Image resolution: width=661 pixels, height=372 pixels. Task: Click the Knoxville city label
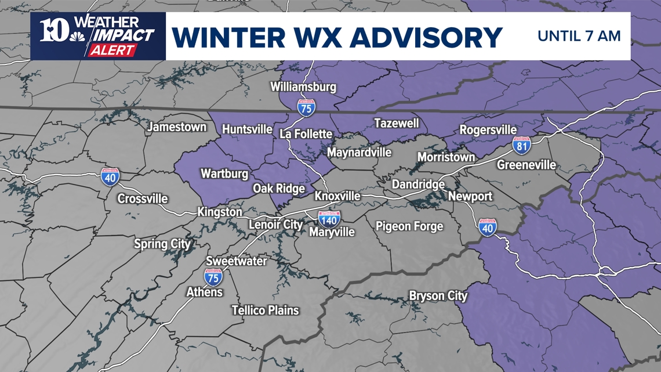click(337, 196)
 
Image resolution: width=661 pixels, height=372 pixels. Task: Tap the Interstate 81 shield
click(521, 146)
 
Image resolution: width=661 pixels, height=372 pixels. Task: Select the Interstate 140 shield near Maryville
click(329, 219)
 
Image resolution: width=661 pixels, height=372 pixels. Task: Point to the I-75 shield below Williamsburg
click(306, 108)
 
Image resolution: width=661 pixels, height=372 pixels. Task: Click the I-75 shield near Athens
click(213, 277)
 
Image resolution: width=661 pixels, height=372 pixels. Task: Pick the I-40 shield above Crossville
click(110, 177)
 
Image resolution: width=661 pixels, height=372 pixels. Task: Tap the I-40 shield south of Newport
click(487, 227)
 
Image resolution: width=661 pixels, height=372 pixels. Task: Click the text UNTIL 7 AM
click(579, 36)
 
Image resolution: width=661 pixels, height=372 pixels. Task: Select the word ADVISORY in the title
click(426, 37)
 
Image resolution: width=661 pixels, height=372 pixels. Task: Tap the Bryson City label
click(438, 296)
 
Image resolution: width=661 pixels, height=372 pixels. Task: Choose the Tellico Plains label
click(265, 310)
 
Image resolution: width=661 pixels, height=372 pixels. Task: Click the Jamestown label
click(177, 127)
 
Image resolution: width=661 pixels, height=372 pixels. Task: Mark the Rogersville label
click(488, 130)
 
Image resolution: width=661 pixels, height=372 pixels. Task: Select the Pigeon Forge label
click(409, 226)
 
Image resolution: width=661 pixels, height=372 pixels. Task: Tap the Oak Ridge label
click(279, 189)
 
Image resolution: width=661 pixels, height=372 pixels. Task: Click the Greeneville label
click(526, 165)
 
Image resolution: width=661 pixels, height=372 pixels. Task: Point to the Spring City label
click(162, 244)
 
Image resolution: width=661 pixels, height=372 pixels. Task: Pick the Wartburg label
click(224, 174)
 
